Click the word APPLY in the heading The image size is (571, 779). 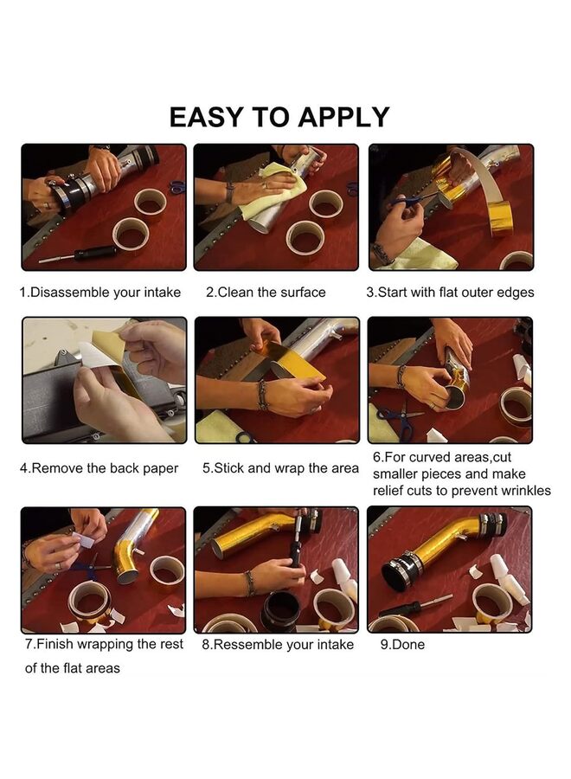[x=343, y=117]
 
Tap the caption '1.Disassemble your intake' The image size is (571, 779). [x=99, y=293]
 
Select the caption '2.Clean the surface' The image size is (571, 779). [x=266, y=293]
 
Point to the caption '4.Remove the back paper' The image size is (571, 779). [x=99, y=468]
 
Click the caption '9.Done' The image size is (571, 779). [x=402, y=644]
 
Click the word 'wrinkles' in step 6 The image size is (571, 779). [x=526, y=491]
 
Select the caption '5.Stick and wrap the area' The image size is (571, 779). [x=280, y=468]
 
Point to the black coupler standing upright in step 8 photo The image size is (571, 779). [x=281, y=612]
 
